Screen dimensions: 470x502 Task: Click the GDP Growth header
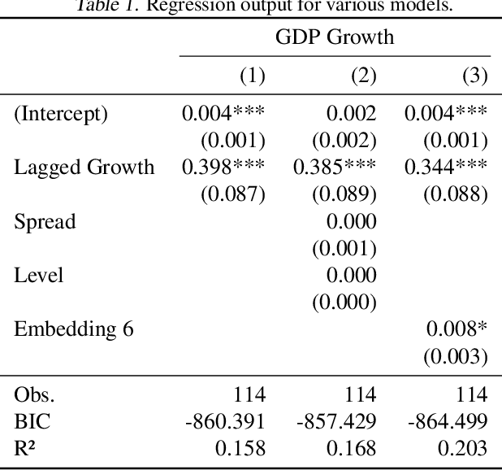pos(335,37)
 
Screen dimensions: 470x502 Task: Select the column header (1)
pos(252,76)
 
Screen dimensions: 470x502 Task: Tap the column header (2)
pos(363,76)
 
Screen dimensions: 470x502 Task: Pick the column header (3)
pos(474,76)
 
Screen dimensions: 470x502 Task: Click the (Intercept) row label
pos(60,114)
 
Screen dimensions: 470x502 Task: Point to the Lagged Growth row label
pos(84,168)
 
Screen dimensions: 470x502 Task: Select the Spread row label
pos(45,221)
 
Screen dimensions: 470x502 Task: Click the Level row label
pos(38,275)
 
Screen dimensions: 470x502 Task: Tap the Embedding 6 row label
pos(74,329)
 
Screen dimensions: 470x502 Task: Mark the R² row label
pos(25,448)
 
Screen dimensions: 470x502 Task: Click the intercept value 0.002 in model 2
pos(352,114)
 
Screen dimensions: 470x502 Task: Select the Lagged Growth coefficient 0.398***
pos(223,168)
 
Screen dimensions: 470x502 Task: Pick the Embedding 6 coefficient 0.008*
pos(457,329)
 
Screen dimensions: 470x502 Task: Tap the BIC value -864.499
pos(448,421)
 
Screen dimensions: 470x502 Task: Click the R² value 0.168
pos(352,448)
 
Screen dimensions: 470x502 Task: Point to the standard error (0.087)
pos(233,194)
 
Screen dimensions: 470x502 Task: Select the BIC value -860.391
pos(225,421)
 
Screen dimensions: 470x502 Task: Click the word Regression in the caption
pos(183,7)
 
